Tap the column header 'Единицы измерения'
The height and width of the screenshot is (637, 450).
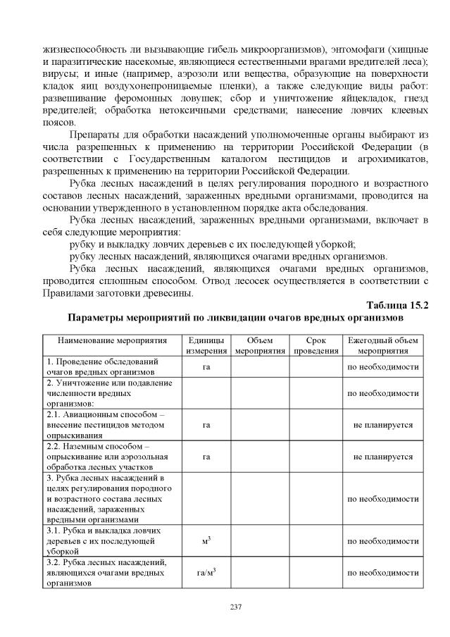[206, 345]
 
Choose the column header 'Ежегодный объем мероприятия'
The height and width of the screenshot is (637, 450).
[382, 345]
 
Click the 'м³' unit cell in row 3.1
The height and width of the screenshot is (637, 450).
[206, 540]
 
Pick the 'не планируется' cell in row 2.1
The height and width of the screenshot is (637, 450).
[382, 425]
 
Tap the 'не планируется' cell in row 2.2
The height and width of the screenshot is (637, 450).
[382, 456]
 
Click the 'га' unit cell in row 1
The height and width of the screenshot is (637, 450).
[206, 366]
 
